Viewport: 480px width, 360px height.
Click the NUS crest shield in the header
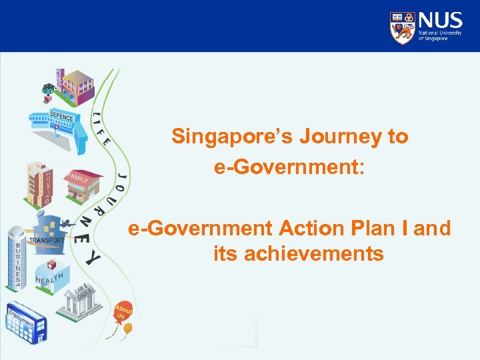(x=402, y=27)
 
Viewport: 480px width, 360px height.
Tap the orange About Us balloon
(x=123, y=311)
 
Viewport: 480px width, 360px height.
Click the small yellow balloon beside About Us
(x=127, y=329)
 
